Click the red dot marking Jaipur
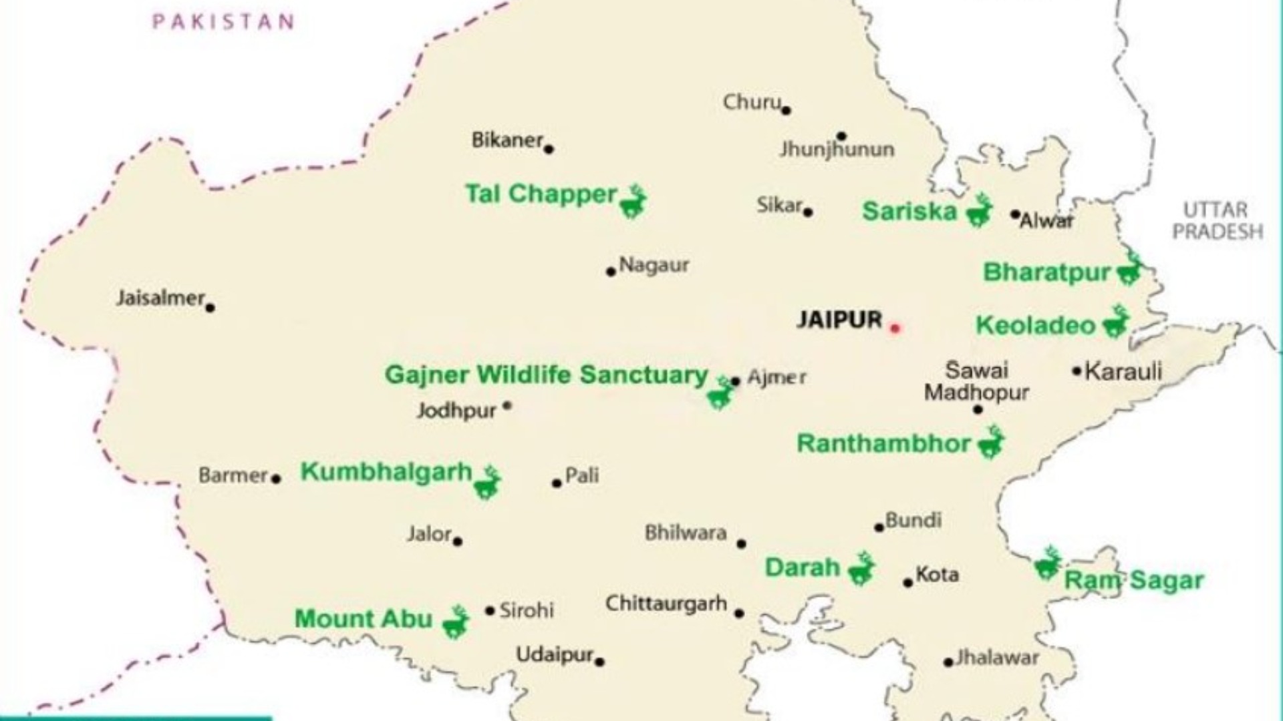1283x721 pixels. pos(895,328)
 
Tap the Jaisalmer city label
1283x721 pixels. pos(160,298)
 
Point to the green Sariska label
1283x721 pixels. pos(909,212)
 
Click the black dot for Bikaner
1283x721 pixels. pos(549,149)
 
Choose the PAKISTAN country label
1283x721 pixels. pos(223,22)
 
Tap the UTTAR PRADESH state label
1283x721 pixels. pos(1217,221)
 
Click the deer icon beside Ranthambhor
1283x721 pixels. pos(990,443)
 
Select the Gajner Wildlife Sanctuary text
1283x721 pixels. pos(546,375)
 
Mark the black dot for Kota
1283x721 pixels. pos(907,583)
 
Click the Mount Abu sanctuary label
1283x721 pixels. pos(364,619)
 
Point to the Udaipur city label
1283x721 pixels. pos(554,655)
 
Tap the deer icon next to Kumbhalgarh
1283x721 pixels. pos(487,482)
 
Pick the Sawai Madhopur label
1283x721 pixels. pos(976,381)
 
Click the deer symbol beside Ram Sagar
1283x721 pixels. pos(1047,564)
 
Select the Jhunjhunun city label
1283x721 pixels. pos(837,149)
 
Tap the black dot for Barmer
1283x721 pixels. pos(276,479)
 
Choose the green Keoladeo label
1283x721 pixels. pos(1036,326)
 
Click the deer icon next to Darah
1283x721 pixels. pos(861,569)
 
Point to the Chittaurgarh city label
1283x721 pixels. pos(666,604)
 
